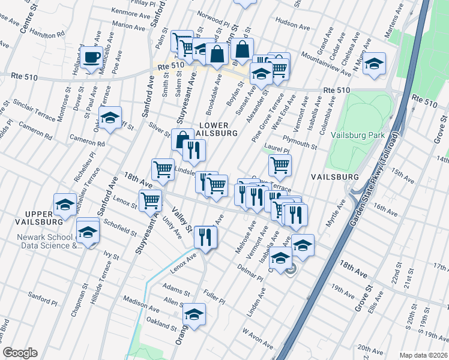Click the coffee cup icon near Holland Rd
[92, 58]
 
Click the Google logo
[19, 353]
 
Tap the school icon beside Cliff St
[110, 119]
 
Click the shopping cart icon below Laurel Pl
[280, 165]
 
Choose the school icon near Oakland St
[194, 315]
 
